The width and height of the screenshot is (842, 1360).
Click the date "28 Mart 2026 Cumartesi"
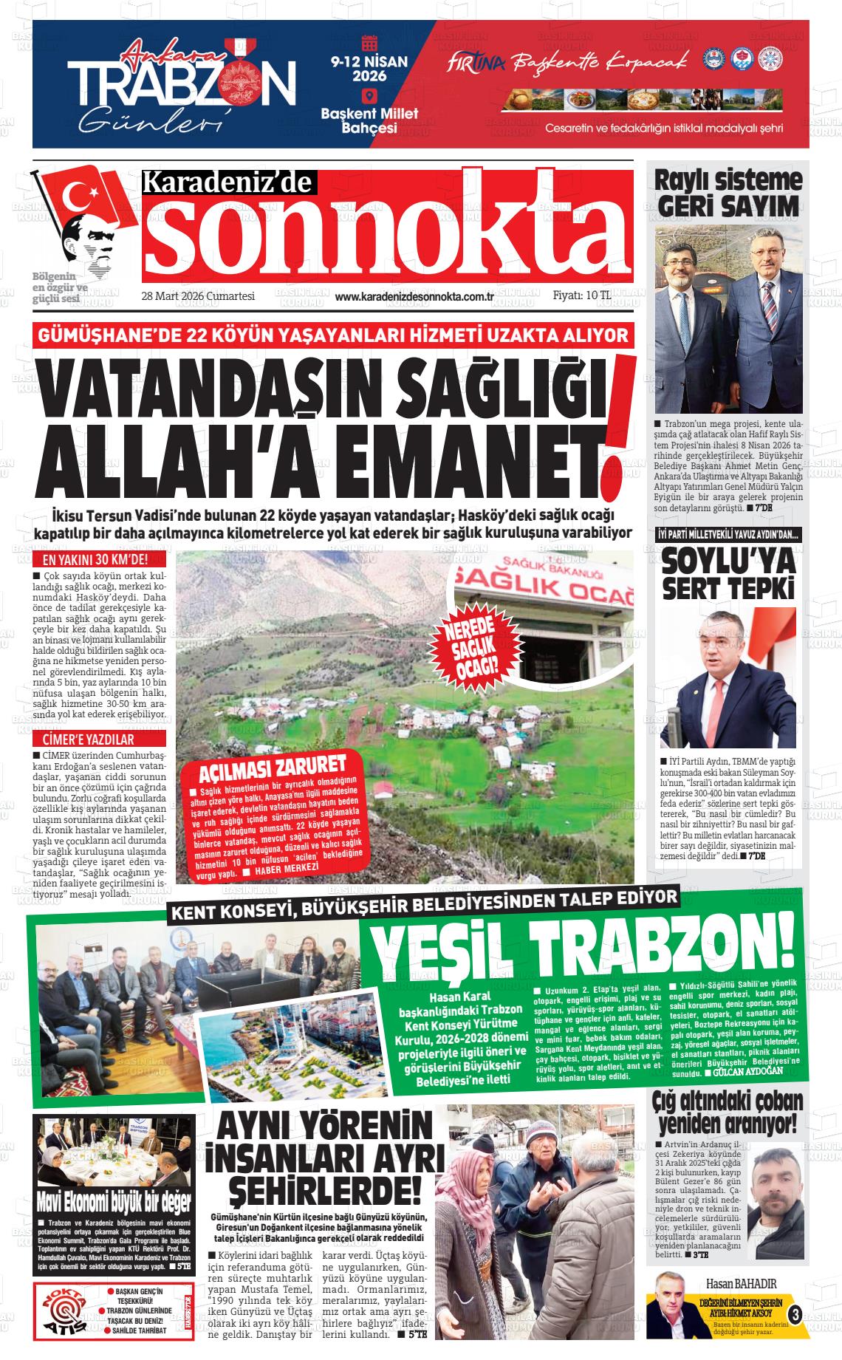[x=198, y=296]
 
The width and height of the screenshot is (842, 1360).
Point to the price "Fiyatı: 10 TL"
[x=582, y=295]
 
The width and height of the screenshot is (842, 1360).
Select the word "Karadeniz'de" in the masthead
[x=229, y=182]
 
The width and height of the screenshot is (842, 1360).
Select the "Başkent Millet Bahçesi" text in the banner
[x=369, y=120]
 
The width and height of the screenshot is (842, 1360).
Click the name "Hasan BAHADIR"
[x=741, y=1282]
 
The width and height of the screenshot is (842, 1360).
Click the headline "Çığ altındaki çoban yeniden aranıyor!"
[x=728, y=1113]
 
